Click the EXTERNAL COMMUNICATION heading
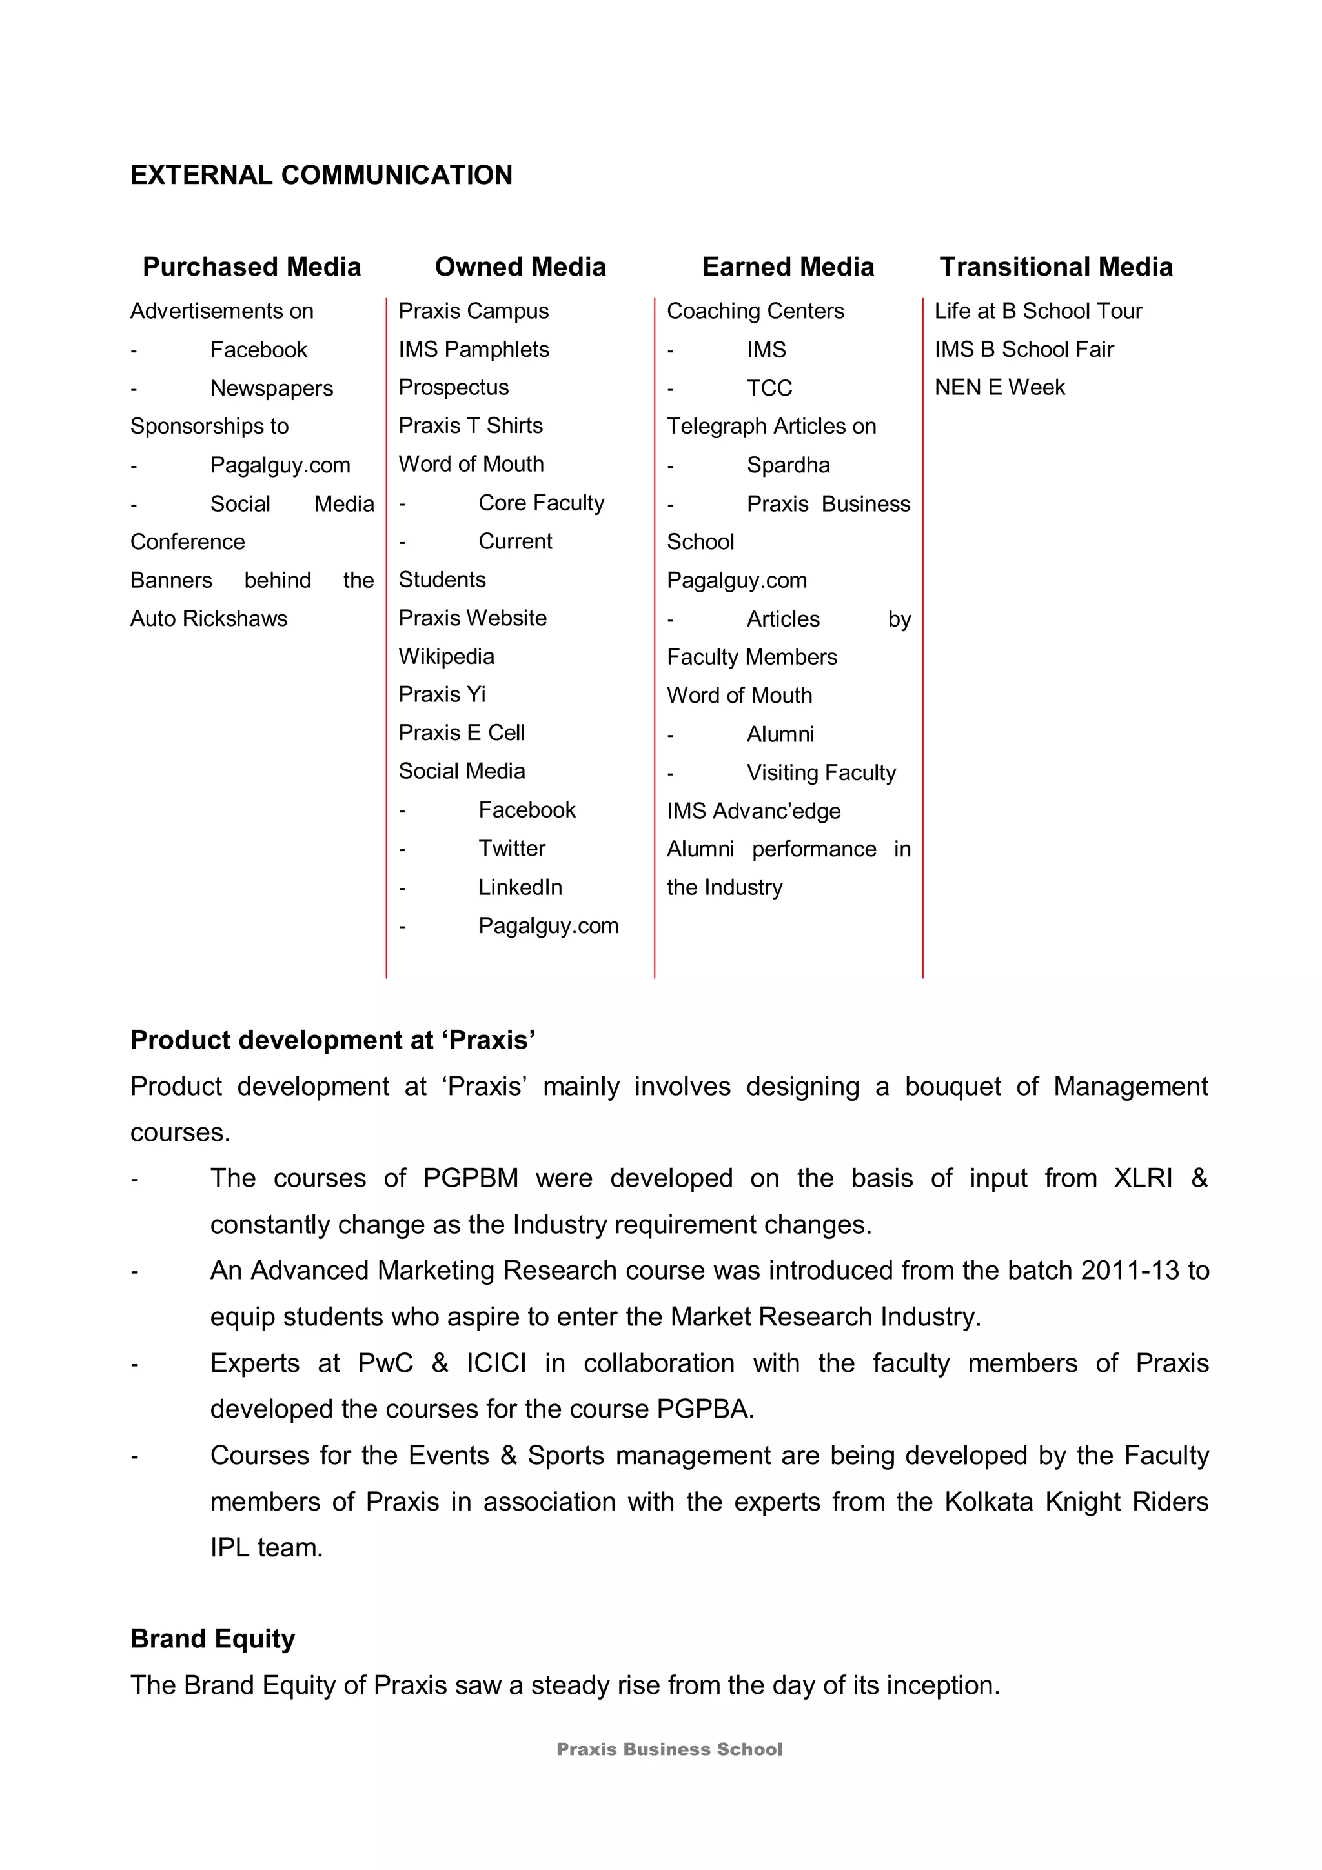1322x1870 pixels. point(321,175)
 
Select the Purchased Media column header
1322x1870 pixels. point(252,266)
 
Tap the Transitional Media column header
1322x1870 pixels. point(1055,266)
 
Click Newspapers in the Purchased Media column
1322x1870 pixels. point(271,388)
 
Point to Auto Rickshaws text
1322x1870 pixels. point(208,618)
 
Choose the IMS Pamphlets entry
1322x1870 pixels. point(473,349)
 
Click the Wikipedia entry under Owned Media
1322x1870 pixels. point(446,656)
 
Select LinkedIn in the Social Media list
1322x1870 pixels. point(520,887)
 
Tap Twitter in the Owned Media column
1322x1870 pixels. point(511,849)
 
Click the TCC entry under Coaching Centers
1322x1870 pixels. point(769,388)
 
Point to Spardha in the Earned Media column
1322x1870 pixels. point(788,465)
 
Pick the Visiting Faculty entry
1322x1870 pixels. point(821,772)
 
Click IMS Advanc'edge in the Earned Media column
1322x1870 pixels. point(753,811)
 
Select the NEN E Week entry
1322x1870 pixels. point(999,388)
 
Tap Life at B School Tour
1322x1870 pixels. point(1038,311)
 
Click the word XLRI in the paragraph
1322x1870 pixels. point(1143,1178)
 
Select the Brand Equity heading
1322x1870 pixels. point(212,1639)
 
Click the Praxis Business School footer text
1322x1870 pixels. point(669,1749)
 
